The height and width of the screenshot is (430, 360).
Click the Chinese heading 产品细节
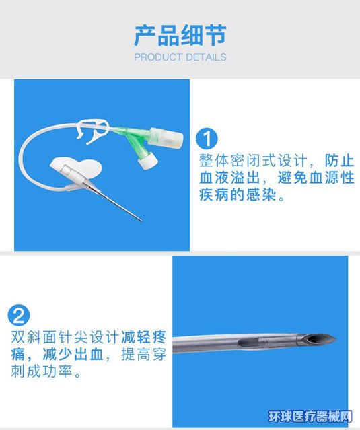coord(180,36)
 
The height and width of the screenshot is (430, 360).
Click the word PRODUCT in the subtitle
coord(157,57)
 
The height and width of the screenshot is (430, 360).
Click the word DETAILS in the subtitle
coord(206,57)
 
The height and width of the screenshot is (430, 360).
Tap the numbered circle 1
coord(207,139)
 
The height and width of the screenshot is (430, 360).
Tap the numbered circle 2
coord(19,315)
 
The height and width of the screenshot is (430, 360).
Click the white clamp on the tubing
coord(94,131)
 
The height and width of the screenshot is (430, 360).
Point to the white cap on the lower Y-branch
coord(148,161)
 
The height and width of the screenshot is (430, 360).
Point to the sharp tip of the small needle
coord(142,220)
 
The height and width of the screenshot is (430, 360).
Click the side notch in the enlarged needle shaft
coord(249,343)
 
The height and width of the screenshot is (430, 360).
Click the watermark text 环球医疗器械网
coord(310,417)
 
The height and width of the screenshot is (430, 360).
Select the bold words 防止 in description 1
coord(340,160)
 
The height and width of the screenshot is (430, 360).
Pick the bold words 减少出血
coord(73,355)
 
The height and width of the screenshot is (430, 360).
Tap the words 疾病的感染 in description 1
coord(238,195)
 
